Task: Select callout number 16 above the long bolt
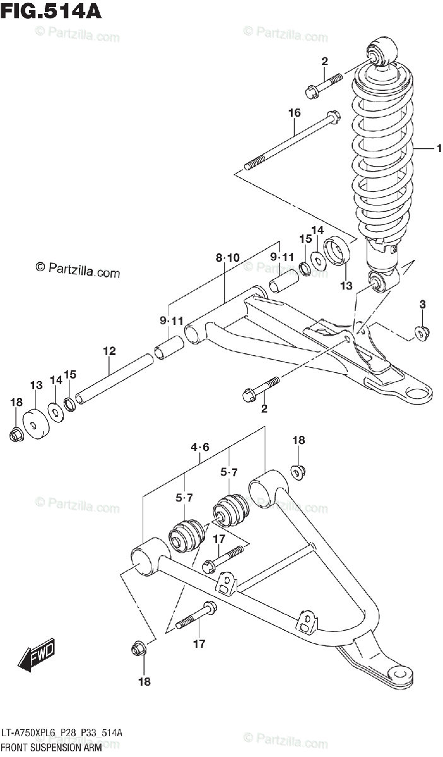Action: [294, 113]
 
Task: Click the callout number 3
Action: [422, 305]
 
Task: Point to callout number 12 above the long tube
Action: [109, 351]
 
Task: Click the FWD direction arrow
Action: [37, 657]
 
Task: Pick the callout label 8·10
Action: [227, 257]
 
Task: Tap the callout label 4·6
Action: [199, 449]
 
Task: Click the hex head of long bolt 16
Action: [333, 117]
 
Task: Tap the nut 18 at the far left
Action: [16, 434]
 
